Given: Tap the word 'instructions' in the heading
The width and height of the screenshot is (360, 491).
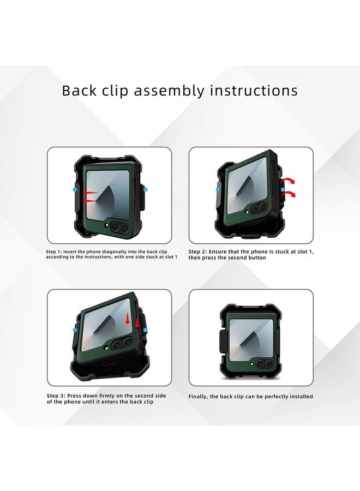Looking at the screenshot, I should pos(254,90).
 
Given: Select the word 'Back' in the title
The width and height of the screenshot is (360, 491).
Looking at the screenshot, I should pos(79,90).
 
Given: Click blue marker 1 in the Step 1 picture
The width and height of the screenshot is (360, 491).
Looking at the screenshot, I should pos(75,189).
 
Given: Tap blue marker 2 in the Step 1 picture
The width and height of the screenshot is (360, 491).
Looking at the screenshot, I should pos(145,189).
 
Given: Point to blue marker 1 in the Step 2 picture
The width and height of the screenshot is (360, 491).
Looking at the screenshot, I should pos(218,190).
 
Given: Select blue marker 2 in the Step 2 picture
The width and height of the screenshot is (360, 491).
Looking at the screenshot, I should pos(283,189).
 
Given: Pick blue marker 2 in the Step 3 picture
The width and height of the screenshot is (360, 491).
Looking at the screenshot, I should pos(145,330).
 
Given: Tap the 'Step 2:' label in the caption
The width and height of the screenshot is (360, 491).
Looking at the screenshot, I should pos(199,252).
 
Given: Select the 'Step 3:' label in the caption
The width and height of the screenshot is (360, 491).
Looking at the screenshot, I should pos(56,396).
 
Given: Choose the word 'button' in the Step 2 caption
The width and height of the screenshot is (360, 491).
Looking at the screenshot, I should pos(255,258).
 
